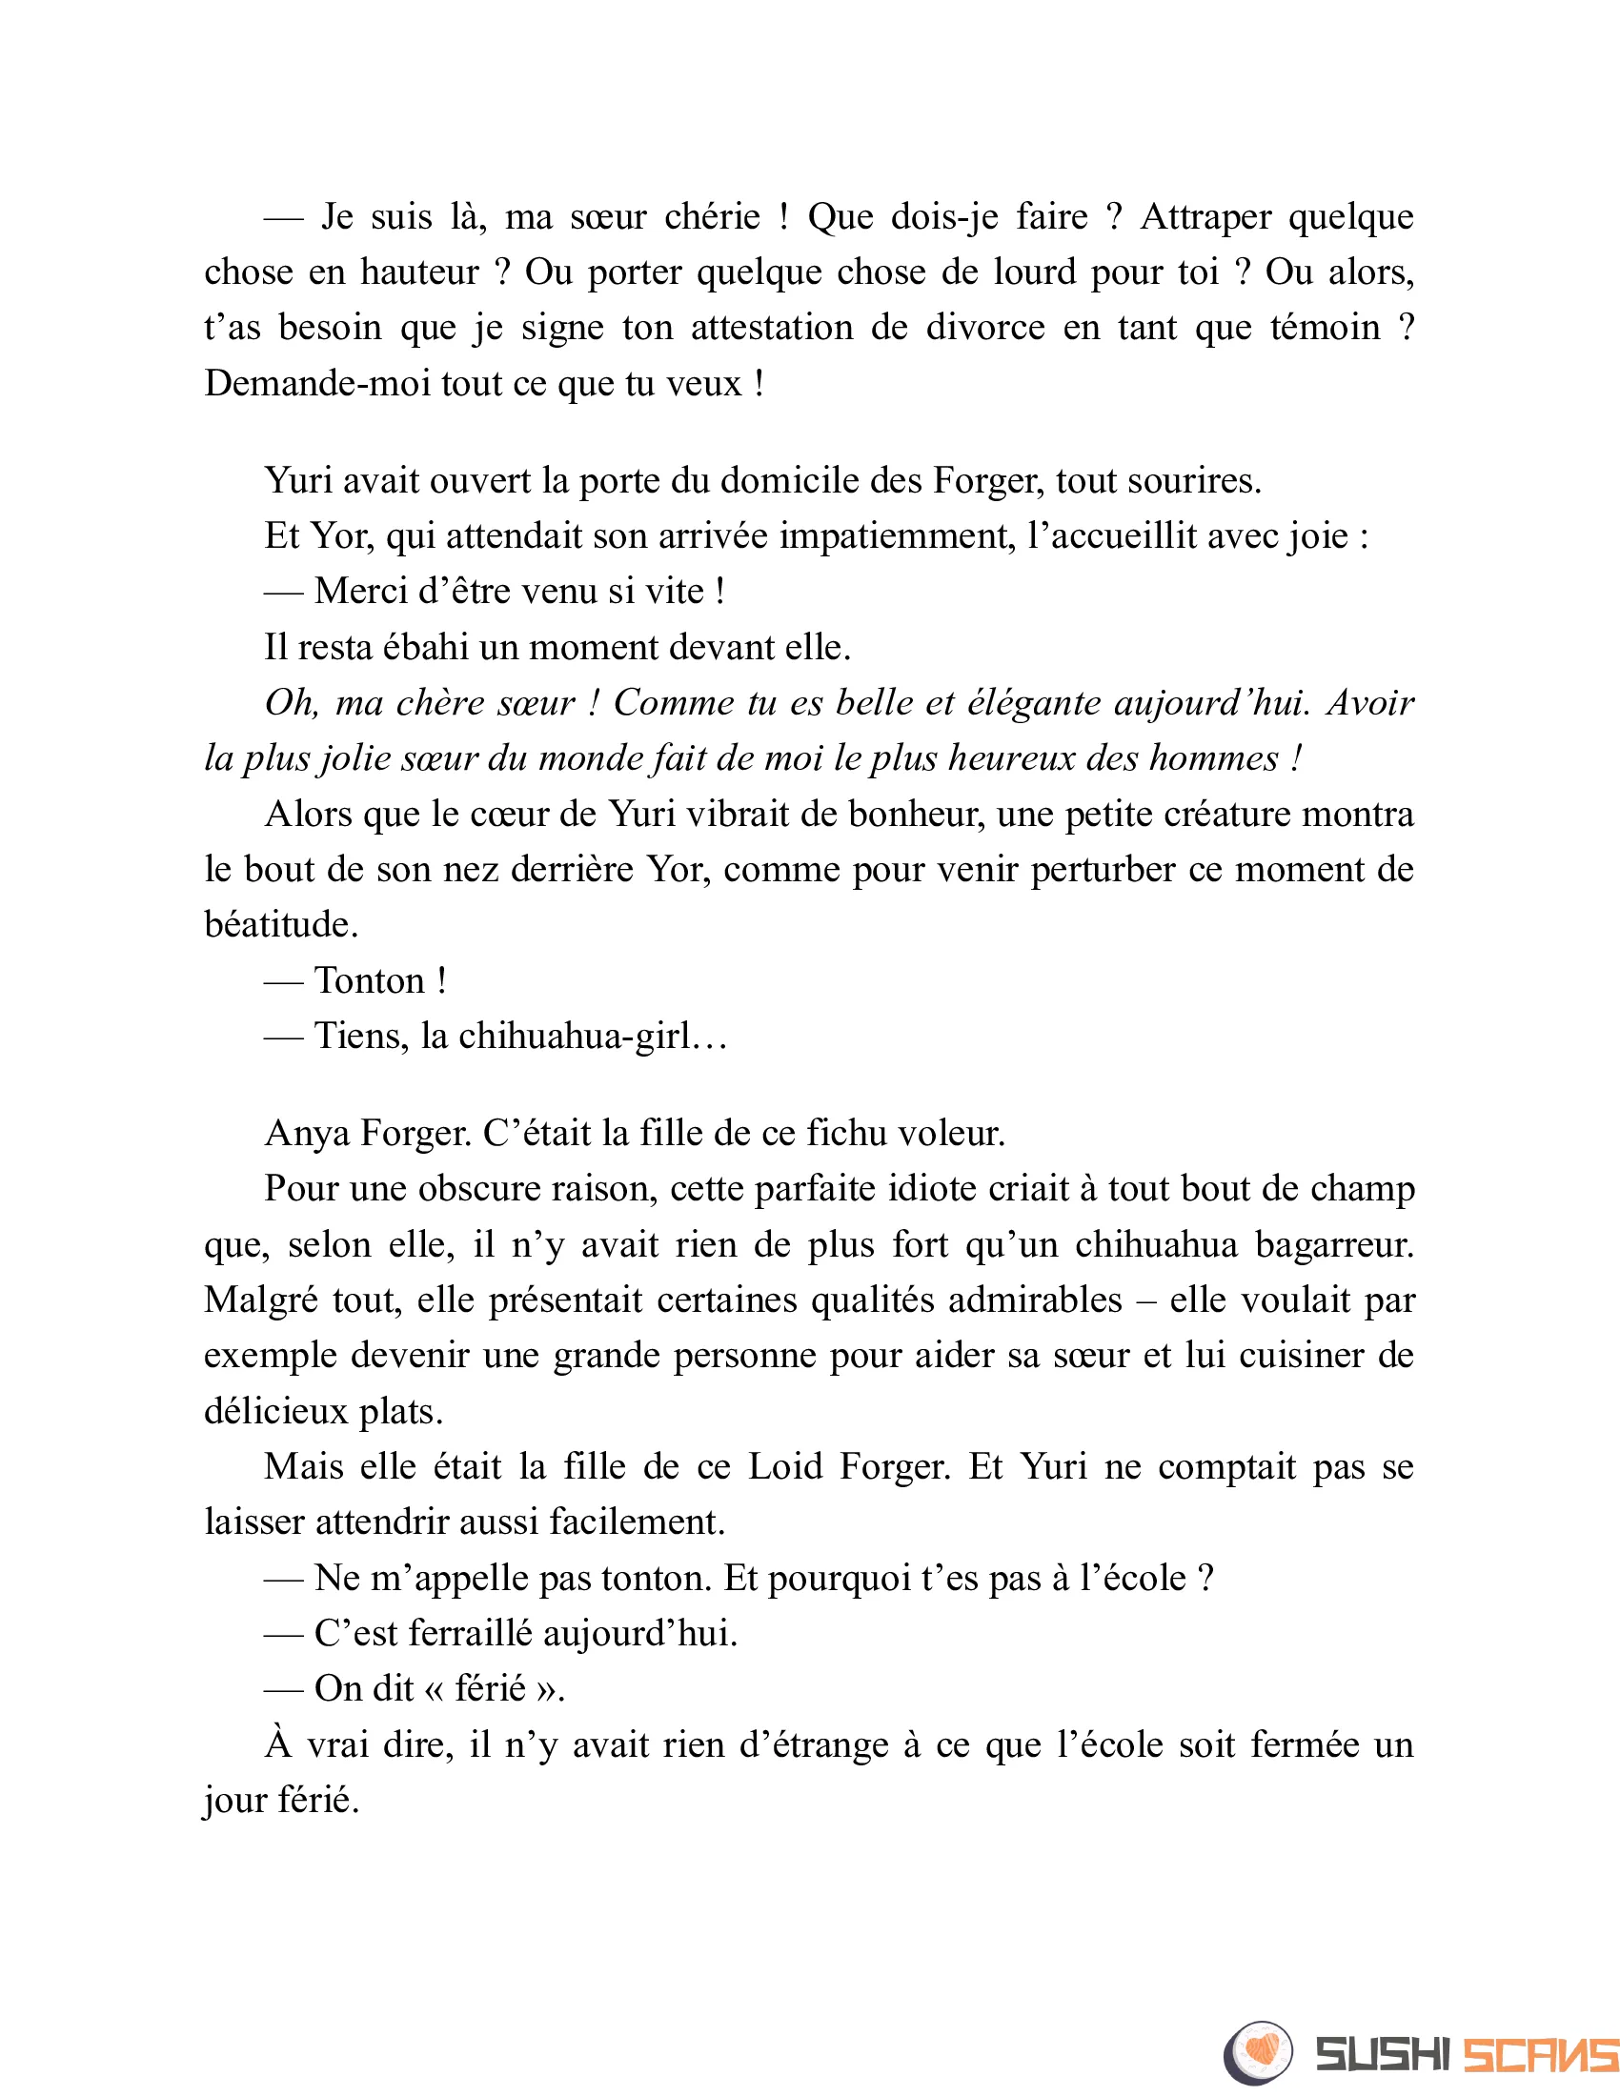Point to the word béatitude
tap(280, 924)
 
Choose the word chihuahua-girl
tap(574, 1037)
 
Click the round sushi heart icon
tap(1258, 2051)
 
